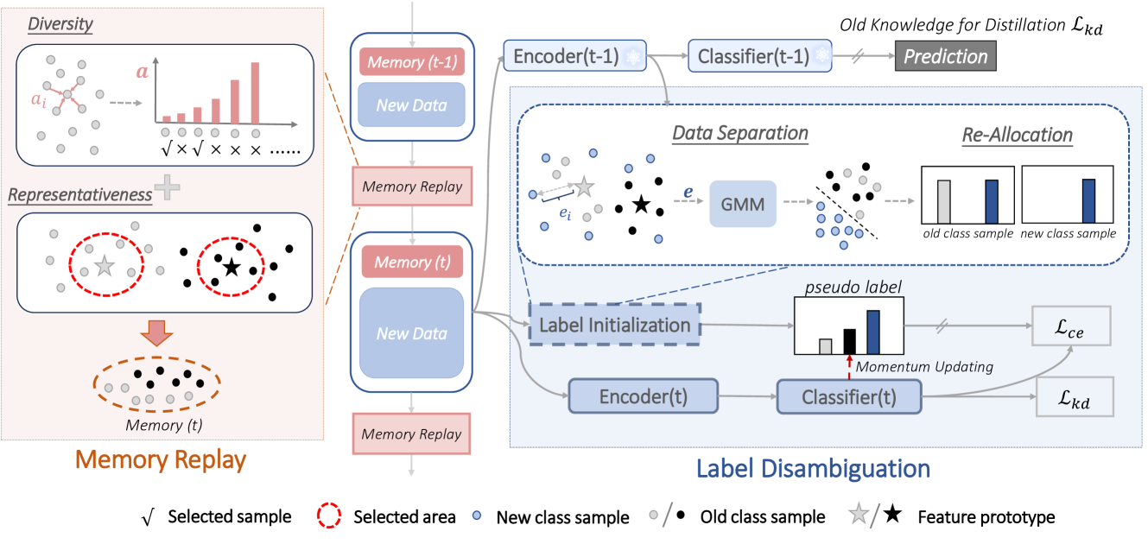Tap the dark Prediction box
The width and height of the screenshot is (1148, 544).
click(946, 56)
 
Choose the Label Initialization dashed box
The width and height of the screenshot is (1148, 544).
click(615, 326)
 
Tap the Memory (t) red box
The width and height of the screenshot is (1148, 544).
click(412, 262)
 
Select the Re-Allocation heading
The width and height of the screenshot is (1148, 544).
click(1018, 134)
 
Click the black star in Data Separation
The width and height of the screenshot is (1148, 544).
click(641, 204)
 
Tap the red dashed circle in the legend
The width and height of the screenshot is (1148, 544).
click(330, 517)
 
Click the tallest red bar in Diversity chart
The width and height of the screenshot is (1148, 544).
click(255, 92)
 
